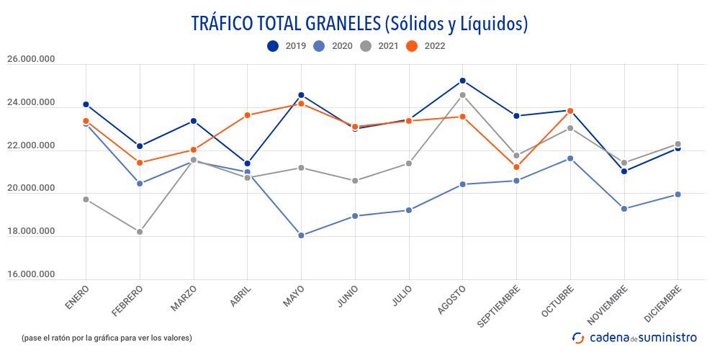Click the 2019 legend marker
273,46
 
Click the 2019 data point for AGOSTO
462,81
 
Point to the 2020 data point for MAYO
301,235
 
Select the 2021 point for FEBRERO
140,232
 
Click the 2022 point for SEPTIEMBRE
516,167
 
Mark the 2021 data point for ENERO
86,199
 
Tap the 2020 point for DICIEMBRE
678,194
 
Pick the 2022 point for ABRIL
247,115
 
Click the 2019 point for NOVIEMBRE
624,171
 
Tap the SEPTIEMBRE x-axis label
500,306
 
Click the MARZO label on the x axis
184,298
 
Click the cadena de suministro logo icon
578,338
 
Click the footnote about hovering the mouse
107,338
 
